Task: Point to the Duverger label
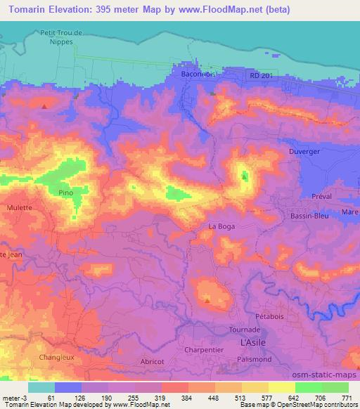[304, 152]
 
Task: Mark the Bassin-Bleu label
[310, 217]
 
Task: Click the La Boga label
[221, 226]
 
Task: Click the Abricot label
[151, 361]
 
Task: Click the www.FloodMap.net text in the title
[210, 10]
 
